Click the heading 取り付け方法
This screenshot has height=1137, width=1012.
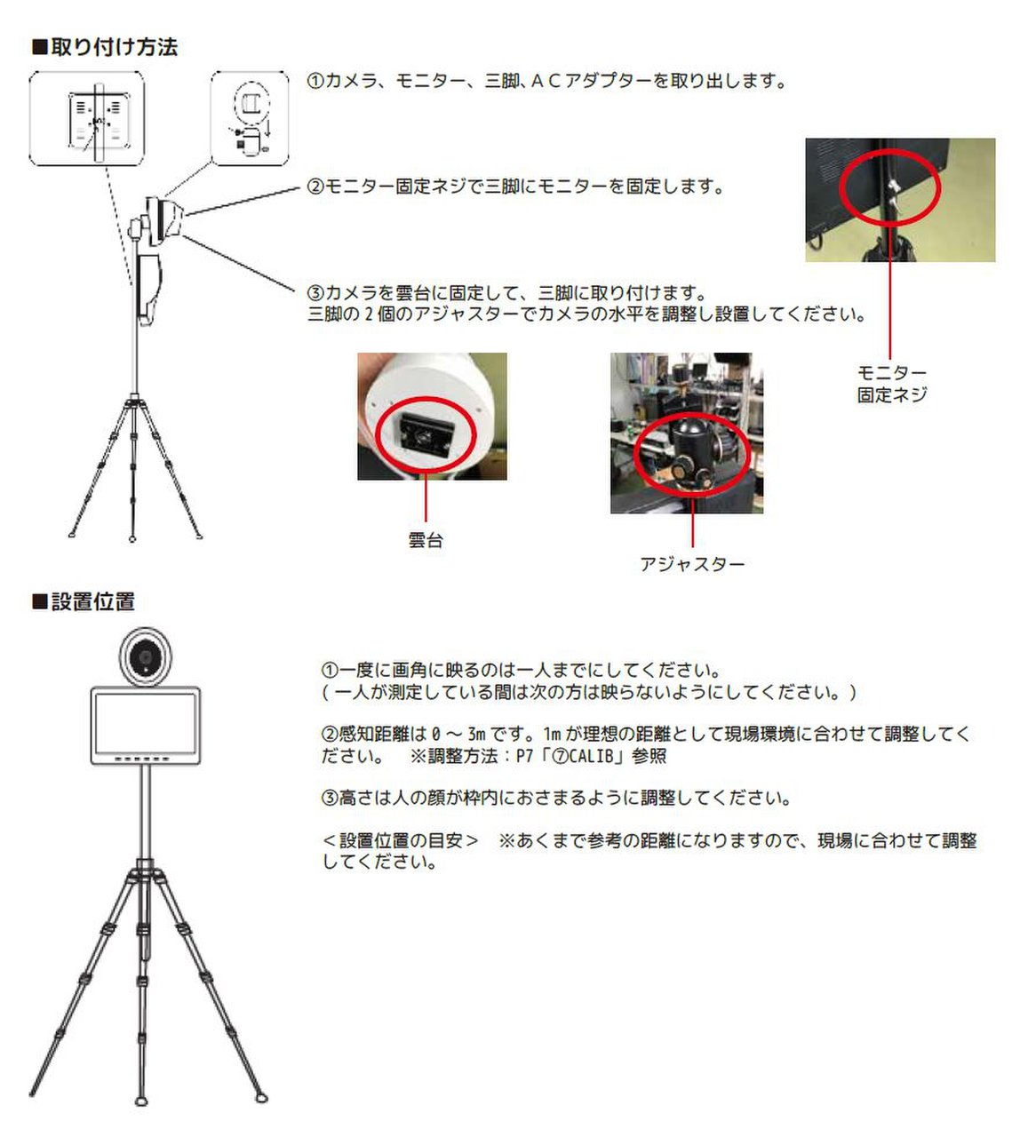click(x=114, y=47)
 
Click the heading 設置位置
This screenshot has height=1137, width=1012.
click(x=92, y=601)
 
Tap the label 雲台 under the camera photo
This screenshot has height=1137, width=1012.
click(x=426, y=540)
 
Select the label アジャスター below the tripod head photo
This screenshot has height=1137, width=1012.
click(x=692, y=563)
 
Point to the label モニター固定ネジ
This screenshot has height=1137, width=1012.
click(x=891, y=384)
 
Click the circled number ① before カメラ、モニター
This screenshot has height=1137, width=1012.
click(x=315, y=82)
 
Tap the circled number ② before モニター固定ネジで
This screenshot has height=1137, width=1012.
click(x=315, y=187)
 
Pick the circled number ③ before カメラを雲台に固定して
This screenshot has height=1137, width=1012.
click(x=315, y=292)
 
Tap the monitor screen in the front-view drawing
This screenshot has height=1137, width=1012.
click(x=146, y=724)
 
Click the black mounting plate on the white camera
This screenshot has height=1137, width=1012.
click(x=424, y=434)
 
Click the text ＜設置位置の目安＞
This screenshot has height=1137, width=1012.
click(x=401, y=840)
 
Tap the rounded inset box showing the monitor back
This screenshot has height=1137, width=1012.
click(x=86, y=118)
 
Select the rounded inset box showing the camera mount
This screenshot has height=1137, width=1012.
click(x=249, y=118)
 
